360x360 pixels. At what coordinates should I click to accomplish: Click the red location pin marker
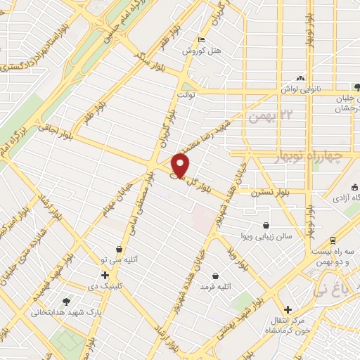click(x=181, y=166)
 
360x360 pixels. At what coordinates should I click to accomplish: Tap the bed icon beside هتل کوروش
click(x=202, y=40)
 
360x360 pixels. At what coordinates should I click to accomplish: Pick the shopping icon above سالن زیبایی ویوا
click(x=266, y=226)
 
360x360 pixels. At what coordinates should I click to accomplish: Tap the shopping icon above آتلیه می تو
click(x=121, y=249)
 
